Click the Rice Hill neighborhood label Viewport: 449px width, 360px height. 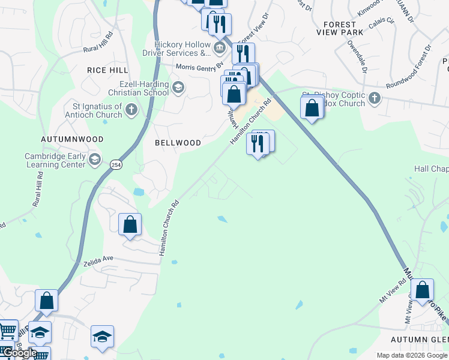[x=107, y=70]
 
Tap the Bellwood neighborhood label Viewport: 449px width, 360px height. [x=178, y=143]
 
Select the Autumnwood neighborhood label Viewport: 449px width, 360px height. [x=72, y=139]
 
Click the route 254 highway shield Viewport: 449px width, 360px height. [x=116, y=163]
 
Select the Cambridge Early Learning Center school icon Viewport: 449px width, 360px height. [x=95, y=160]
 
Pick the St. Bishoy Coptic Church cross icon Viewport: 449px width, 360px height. [x=375, y=97]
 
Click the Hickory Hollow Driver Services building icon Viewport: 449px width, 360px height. [x=220, y=46]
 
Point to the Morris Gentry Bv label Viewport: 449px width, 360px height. [x=199, y=66]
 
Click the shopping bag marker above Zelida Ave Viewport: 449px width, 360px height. [x=130, y=225]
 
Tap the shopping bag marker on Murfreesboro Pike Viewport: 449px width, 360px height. [x=423, y=290]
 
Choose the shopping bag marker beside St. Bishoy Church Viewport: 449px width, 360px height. [x=312, y=108]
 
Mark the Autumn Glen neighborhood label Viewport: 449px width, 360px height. [x=420, y=340]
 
